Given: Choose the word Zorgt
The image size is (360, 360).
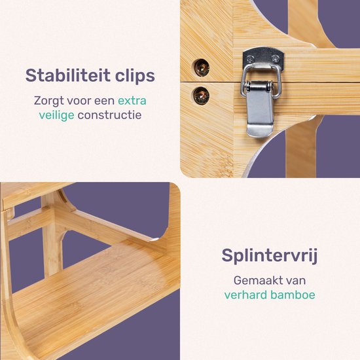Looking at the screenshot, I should [50, 101].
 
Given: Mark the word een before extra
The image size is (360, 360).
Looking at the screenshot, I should [105, 101].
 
